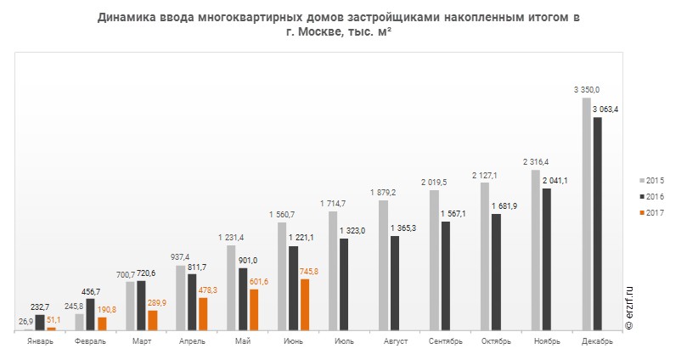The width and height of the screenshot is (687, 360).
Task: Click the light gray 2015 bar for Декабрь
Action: click(586, 214)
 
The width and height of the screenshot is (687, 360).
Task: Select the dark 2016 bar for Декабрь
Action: click(597, 224)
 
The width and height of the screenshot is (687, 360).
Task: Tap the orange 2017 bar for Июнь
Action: click(305, 305)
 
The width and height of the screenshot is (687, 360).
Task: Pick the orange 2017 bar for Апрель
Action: click(203, 314)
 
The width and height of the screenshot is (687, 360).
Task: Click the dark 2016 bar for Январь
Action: click(40, 323)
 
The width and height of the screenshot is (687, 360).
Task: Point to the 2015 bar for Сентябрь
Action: click(434, 260)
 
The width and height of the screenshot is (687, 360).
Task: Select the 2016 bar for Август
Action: click(395, 284)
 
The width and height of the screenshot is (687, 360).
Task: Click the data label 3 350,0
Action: click(587, 90)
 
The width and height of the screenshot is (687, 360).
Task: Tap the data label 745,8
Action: click(309, 272)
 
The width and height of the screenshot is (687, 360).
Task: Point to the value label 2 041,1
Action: click(555, 181)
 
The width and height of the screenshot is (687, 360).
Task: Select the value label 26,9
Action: click(25, 322)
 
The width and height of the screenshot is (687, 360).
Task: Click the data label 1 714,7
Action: click(333, 204)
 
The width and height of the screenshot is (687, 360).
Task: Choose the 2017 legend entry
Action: click(652, 213)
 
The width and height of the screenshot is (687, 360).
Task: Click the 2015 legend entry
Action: click(652, 181)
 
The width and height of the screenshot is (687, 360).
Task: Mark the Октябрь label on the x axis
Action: click(496, 341)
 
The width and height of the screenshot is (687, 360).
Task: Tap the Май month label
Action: click(243, 341)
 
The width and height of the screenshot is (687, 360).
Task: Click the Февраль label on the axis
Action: click(90, 341)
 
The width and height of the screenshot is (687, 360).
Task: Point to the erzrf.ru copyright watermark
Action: click(629, 308)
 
